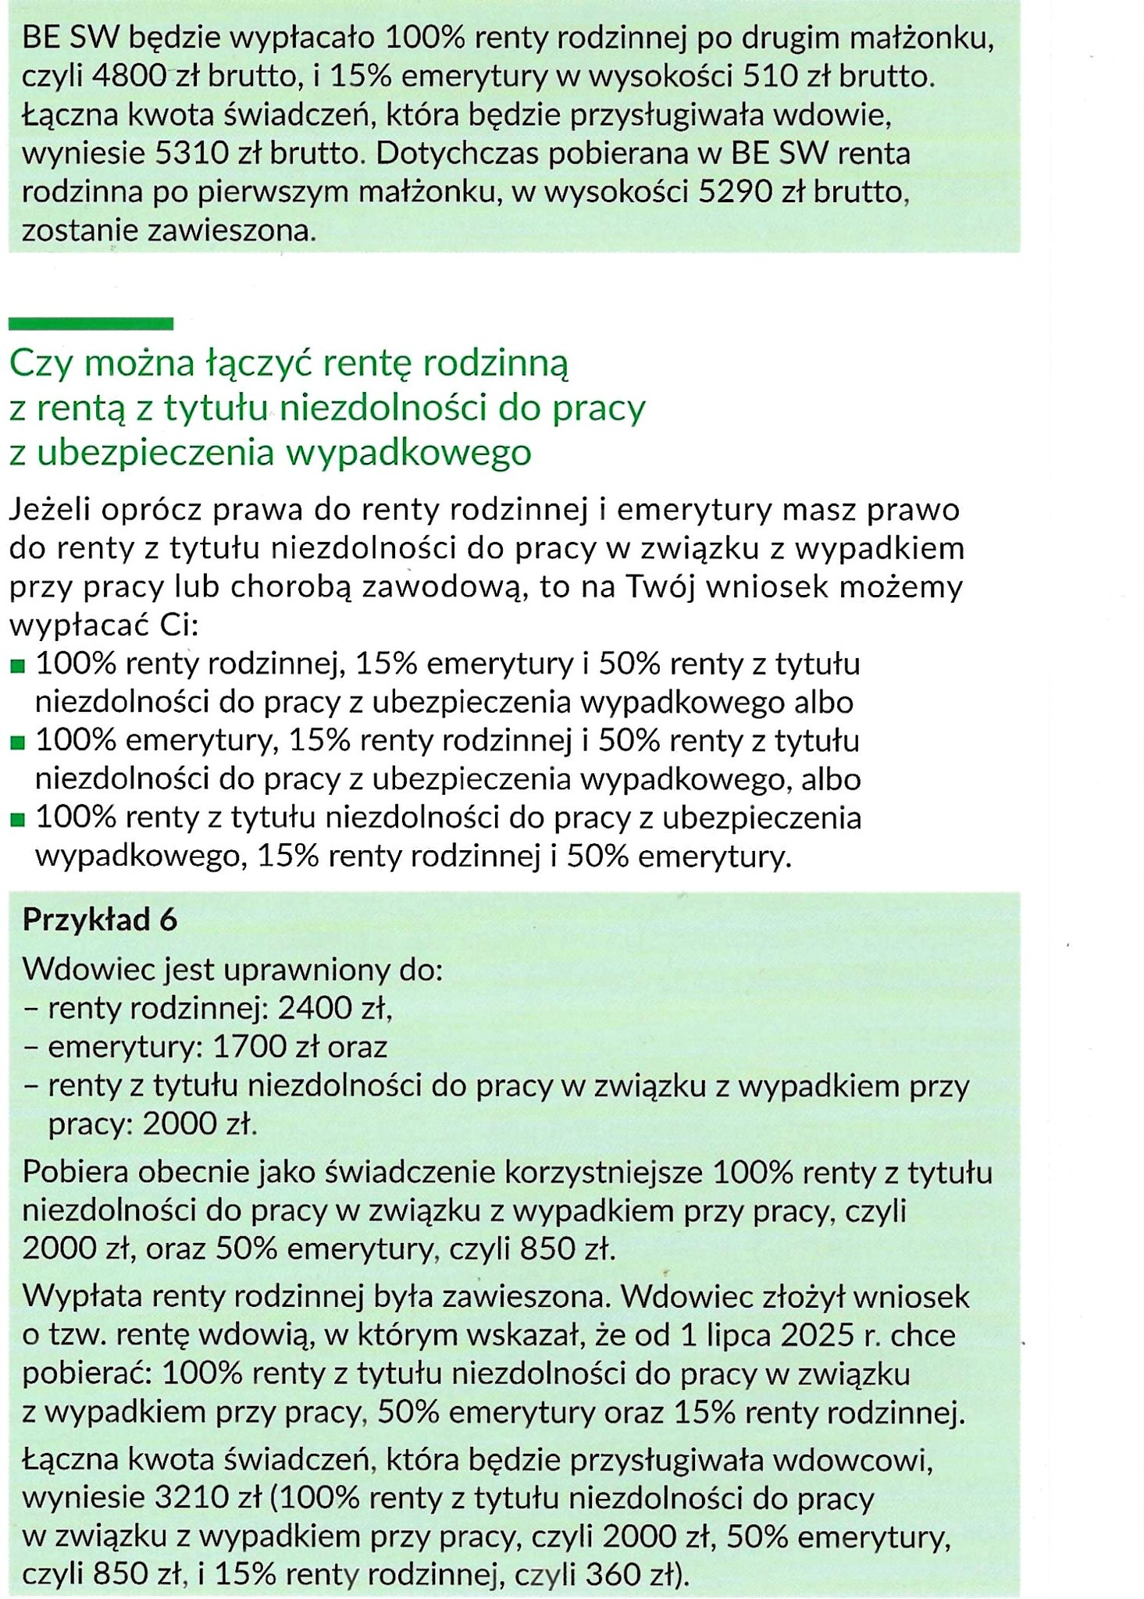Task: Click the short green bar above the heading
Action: click(x=91, y=323)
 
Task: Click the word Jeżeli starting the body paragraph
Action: click(x=50, y=510)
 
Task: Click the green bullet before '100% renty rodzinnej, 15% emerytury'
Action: click(x=18, y=667)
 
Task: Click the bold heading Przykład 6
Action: click(x=100, y=920)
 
